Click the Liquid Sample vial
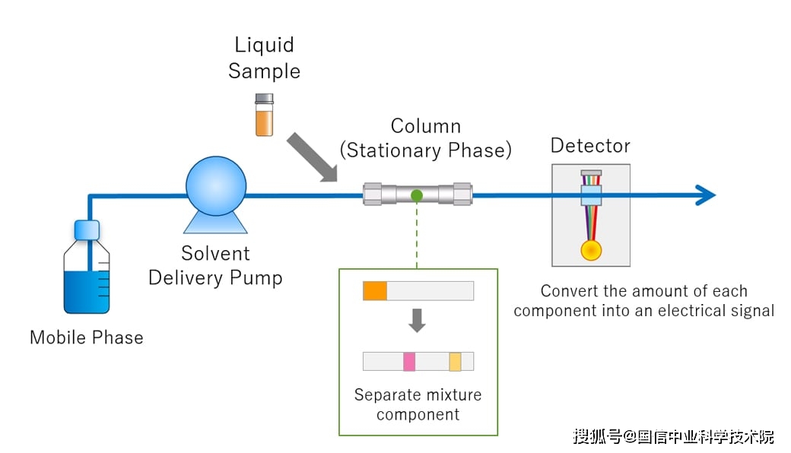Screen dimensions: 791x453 (x=264, y=115)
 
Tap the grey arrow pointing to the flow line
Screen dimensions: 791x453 (x=313, y=157)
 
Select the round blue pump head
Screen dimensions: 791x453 (x=216, y=186)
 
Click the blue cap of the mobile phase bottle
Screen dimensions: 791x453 (x=87, y=230)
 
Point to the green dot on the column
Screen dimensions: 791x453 (x=417, y=195)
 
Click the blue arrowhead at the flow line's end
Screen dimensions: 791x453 (x=707, y=195)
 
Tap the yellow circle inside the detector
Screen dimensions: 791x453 (x=591, y=250)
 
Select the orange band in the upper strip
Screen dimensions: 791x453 (x=375, y=291)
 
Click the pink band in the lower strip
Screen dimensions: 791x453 (x=409, y=361)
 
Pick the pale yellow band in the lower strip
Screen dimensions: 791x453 (x=455, y=361)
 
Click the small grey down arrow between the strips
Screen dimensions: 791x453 (x=417, y=321)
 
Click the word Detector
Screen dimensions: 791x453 (x=590, y=146)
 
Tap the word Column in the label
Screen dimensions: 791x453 (x=426, y=126)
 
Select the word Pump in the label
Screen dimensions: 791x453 (x=256, y=278)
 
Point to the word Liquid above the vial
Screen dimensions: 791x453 (x=264, y=46)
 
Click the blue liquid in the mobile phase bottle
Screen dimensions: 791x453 (x=86, y=292)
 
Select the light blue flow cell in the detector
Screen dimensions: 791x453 (x=591, y=195)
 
